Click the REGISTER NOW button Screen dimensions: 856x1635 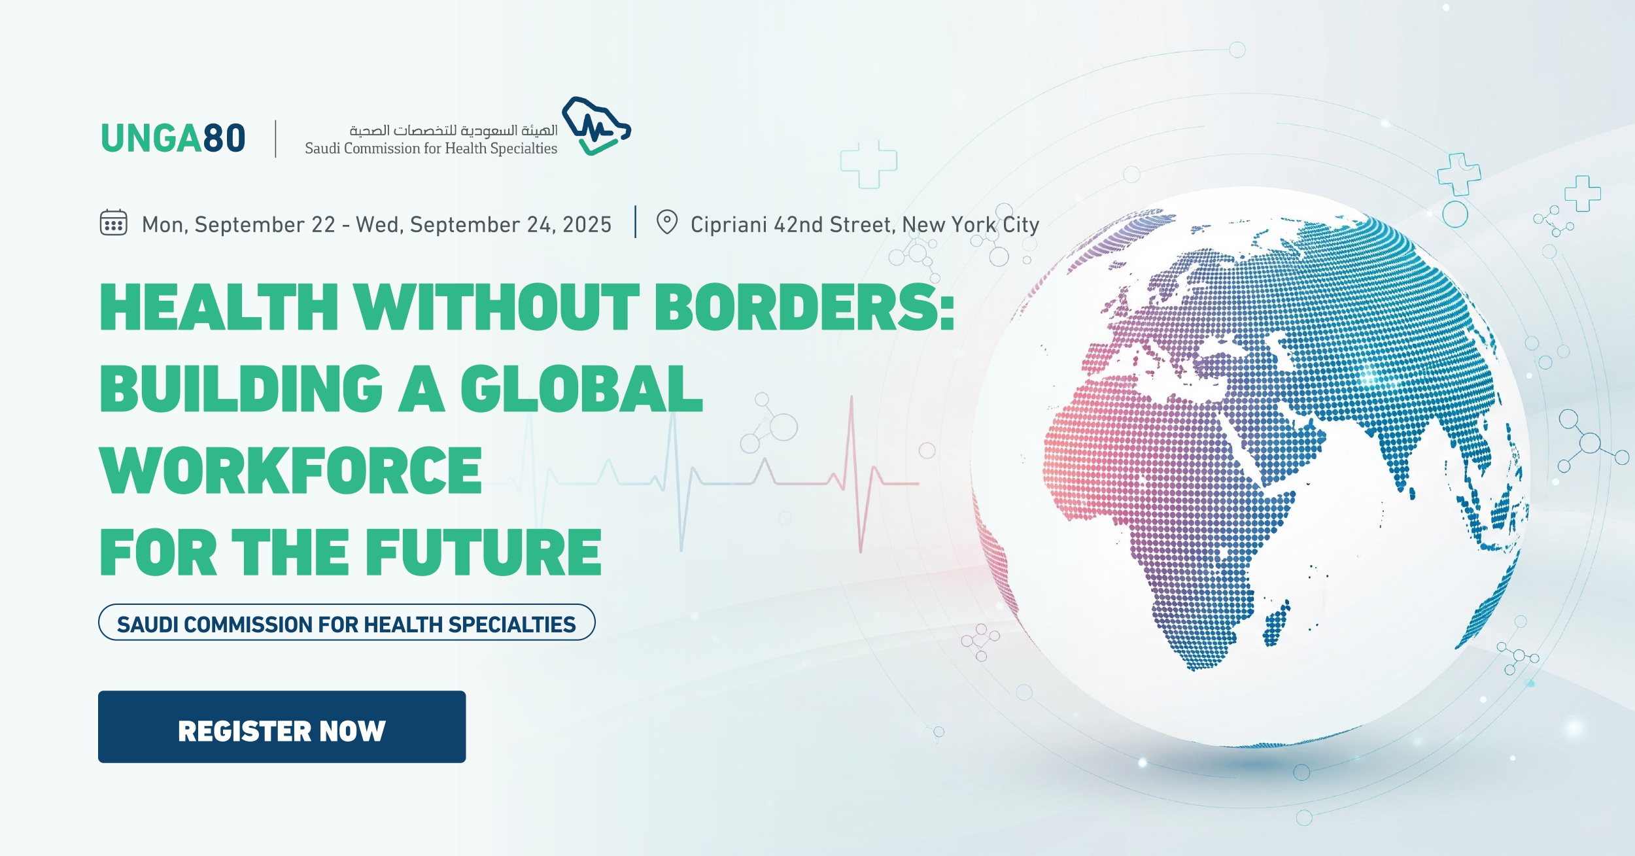tap(282, 727)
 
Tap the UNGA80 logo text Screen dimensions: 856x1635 tap(173, 139)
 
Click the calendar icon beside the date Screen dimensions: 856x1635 tap(113, 223)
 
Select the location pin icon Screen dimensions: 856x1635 tap(666, 222)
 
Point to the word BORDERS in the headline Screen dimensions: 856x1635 tap(803, 307)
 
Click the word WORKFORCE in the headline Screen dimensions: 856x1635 tap(291, 471)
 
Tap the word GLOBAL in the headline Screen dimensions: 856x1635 tap(581, 389)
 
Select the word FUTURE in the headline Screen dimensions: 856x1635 tap(483, 553)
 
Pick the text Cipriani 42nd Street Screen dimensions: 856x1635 tap(792, 225)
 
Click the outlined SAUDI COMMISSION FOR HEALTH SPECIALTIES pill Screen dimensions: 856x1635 tap(347, 623)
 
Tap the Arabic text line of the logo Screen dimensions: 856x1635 tap(453, 131)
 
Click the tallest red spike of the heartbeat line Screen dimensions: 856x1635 tap(852, 419)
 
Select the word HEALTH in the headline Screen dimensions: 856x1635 tap(219, 307)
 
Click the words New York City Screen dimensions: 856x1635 tap(971, 225)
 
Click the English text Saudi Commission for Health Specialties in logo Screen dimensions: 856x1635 tap(431, 148)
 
